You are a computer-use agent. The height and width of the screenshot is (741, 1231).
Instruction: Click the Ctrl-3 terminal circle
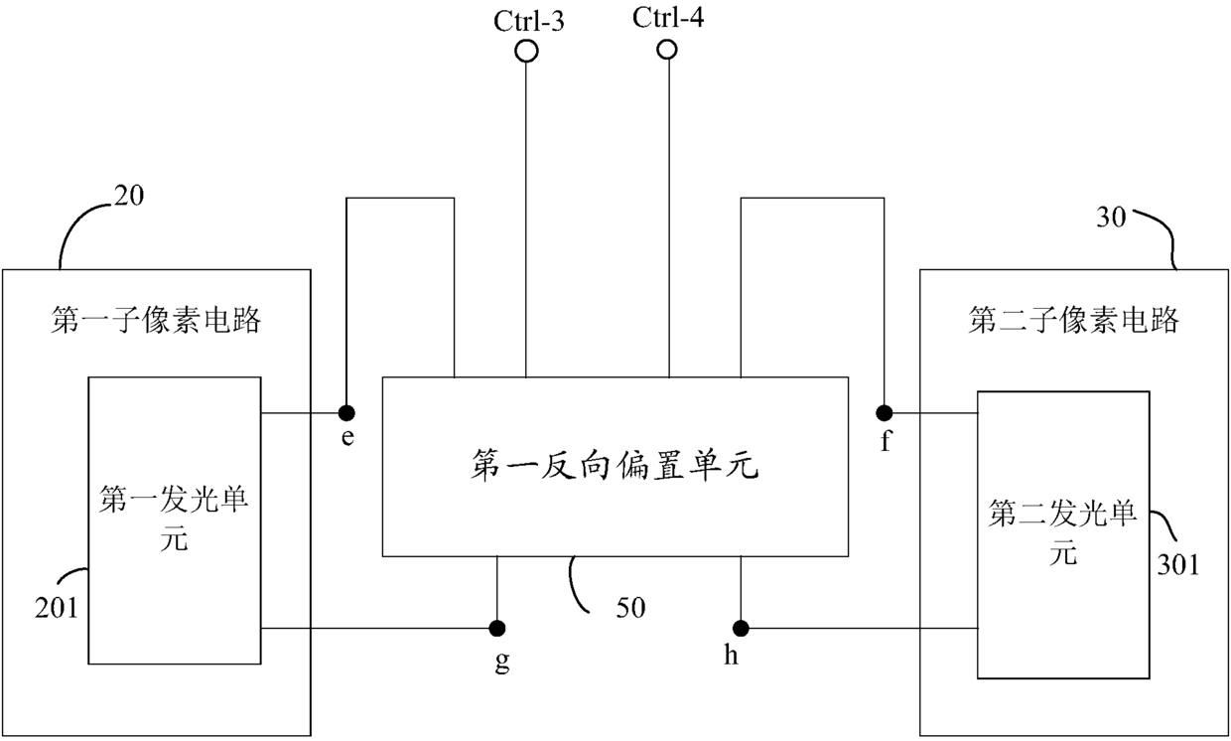pyautogui.click(x=526, y=51)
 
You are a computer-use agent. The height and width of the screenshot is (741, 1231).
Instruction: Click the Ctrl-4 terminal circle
pyautogui.click(x=667, y=50)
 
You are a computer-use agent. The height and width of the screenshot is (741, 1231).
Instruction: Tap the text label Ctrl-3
pyautogui.click(x=529, y=21)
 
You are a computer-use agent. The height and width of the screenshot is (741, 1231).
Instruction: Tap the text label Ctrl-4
pyautogui.click(x=668, y=17)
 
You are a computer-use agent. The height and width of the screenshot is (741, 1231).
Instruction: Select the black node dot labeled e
pyautogui.click(x=346, y=412)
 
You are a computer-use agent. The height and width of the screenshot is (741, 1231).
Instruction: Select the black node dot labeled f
pyautogui.click(x=885, y=412)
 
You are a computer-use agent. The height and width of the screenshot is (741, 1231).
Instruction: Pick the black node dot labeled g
pyautogui.click(x=497, y=628)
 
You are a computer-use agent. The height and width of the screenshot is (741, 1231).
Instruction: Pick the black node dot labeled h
pyautogui.click(x=741, y=628)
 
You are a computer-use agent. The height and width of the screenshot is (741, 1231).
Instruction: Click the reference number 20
pyautogui.click(x=129, y=195)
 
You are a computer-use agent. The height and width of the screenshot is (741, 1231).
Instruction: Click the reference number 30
pyautogui.click(x=1111, y=218)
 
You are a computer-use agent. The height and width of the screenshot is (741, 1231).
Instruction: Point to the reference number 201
pyautogui.click(x=56, y=608)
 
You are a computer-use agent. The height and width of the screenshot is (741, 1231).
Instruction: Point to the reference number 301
pyautogui.click(x=1178, y=564)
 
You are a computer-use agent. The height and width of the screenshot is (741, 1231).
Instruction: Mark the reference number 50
pyautogui.click(x=630, y=608)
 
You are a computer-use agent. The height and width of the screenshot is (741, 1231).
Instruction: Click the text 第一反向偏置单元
pyautogui.click(x=615, y=466)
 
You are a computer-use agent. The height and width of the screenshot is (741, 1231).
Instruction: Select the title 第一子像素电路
pyautogui.click(x=156, y=320)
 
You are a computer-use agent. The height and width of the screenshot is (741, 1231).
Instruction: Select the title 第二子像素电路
pyautogui.click(x=1073, y=320)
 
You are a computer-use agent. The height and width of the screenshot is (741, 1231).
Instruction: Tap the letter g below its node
pyautogui.click(x=501, y=661)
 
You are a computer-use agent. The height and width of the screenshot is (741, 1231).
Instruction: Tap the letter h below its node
pyautogui.click(x=731, y=655)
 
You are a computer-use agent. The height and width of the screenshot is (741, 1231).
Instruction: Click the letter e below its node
pyautogui.click(x=347, y=438)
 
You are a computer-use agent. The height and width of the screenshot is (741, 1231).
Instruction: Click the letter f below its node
pyautogui.click(x=886, y=440)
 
